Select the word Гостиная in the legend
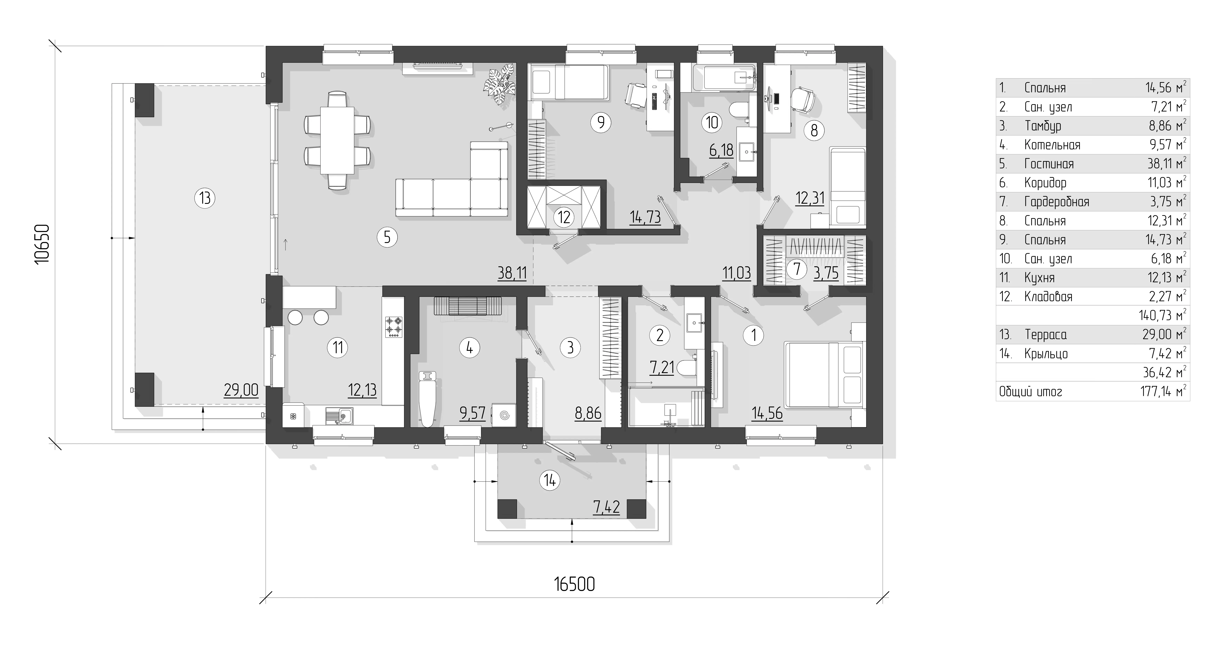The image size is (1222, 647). click(x=1049, y=164)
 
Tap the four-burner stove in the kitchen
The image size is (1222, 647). click(x=393, y=327)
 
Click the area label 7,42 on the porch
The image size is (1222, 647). click(x=606, y=507)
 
